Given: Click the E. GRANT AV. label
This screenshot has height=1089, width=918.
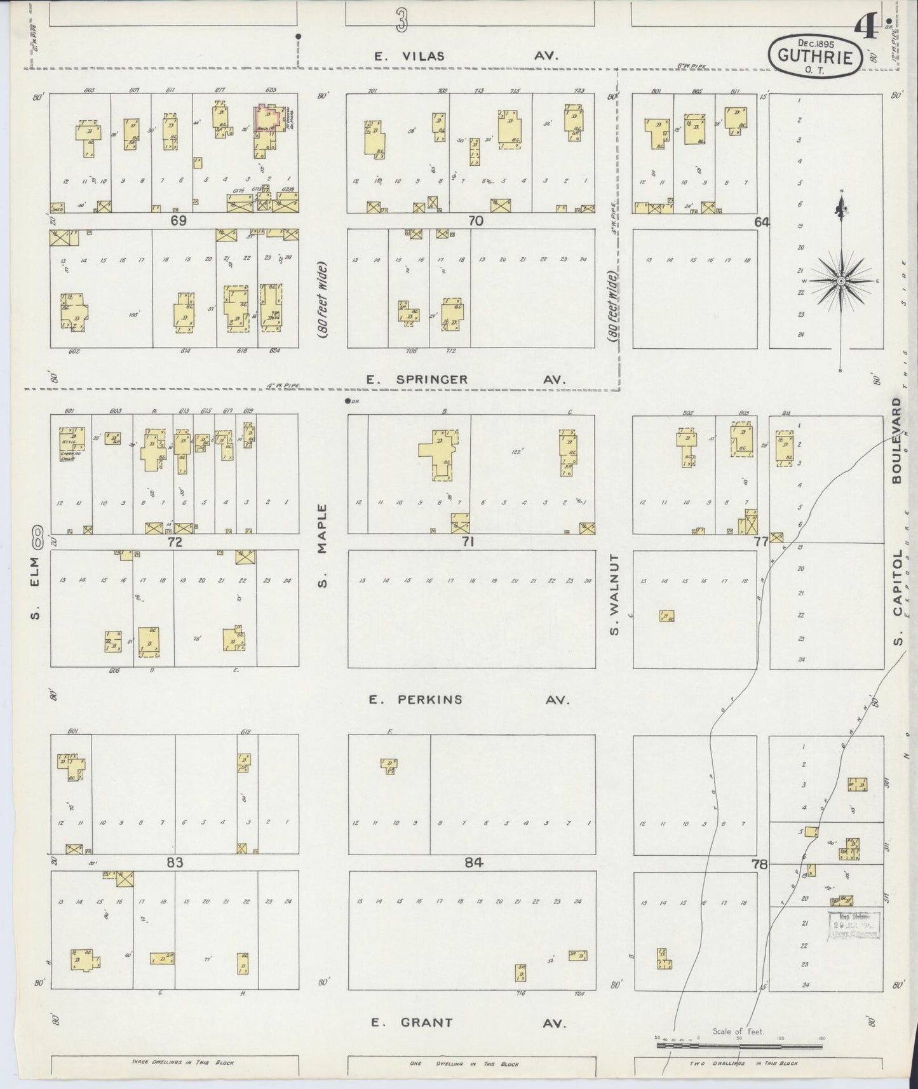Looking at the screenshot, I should [466, 1022].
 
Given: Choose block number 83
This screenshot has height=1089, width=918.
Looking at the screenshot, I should [175, 862].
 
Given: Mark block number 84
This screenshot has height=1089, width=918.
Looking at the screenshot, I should [474, 862].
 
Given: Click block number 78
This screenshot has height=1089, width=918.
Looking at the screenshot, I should [759, 864].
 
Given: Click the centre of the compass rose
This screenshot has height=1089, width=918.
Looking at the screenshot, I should [841, 280].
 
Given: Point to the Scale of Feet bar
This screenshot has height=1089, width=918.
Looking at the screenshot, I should [740, 1045].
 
